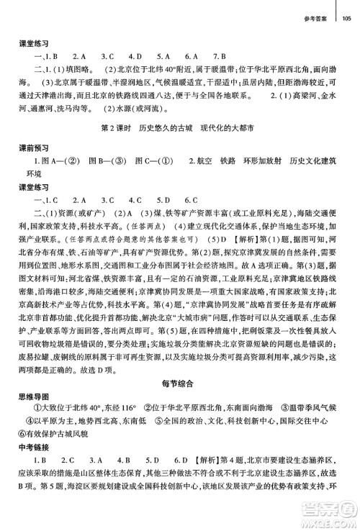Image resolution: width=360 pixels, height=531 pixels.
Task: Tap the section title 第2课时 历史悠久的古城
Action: (149, 129)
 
